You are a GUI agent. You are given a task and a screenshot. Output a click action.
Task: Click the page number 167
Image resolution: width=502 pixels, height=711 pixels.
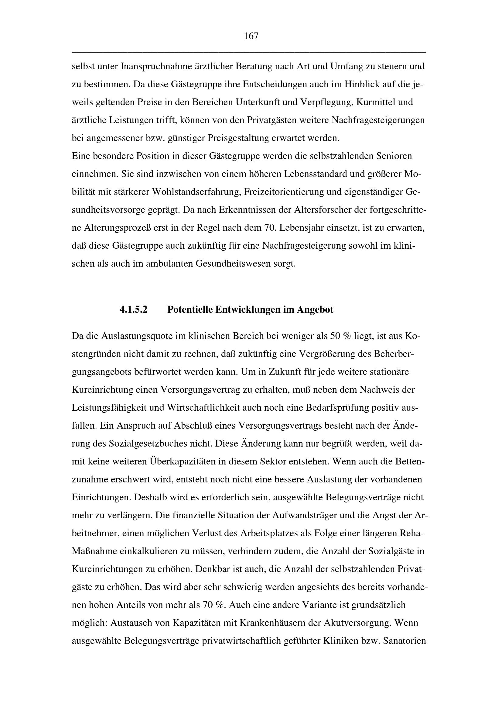coord(251,36)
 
